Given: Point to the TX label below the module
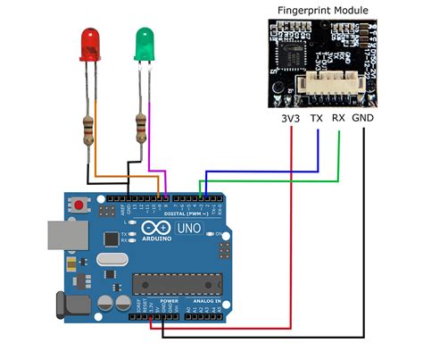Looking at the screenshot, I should pyautogui.click(x=316, y=116).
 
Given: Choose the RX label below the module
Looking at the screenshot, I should pyautogui.click(x=339, y=116).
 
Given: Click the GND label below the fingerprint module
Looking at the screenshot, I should pyautogui.click(x=363, y=116).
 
